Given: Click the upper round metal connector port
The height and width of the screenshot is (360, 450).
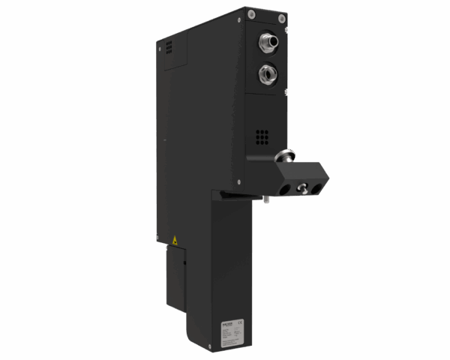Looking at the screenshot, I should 268,41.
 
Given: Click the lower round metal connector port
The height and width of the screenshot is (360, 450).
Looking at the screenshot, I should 267,73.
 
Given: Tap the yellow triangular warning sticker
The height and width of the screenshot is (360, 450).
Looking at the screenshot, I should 175,240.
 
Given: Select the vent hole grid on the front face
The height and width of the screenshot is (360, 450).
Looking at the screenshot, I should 262,137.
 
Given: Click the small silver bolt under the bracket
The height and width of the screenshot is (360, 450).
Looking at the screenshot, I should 266,199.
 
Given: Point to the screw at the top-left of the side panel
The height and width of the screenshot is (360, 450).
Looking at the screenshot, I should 160,46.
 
